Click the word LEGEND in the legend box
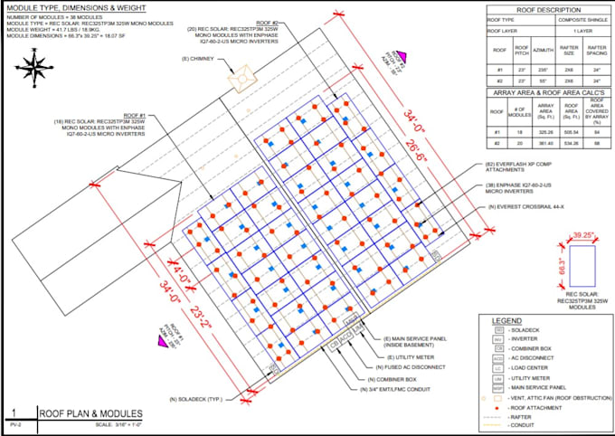[x=506, y=321]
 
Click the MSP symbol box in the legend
[x=498, y=386]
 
